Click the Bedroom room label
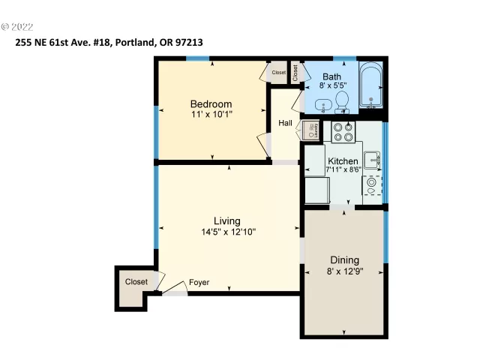[211, 103]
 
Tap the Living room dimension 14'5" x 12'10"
[226, 232]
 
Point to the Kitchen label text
[343, 161]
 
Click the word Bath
[331, 76]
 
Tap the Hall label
[285, 123]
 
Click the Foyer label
[199, 283]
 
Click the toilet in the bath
[341, 100]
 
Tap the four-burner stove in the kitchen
[343, 132]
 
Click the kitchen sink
[373, 160]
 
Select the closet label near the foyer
[136, 282]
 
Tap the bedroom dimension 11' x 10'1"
[211, 115]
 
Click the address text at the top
[109, 43]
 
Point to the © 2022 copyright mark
[18, 26]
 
